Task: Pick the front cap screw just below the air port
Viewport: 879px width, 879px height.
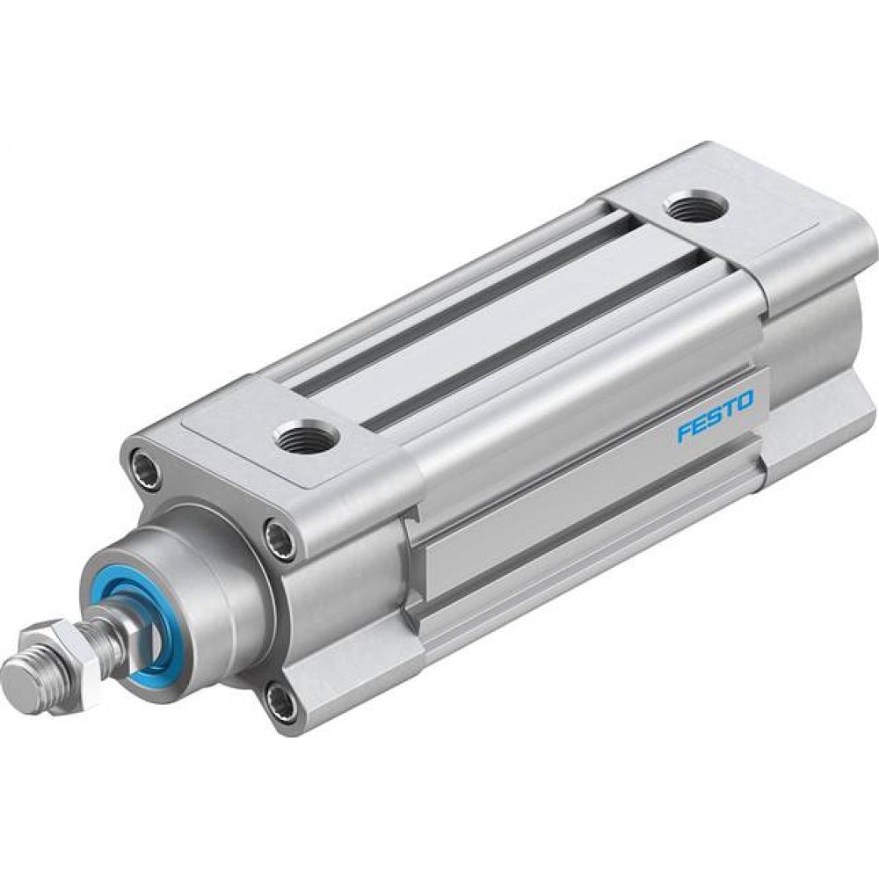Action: (281, 539)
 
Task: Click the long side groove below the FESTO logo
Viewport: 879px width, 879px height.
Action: (598, 510)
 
